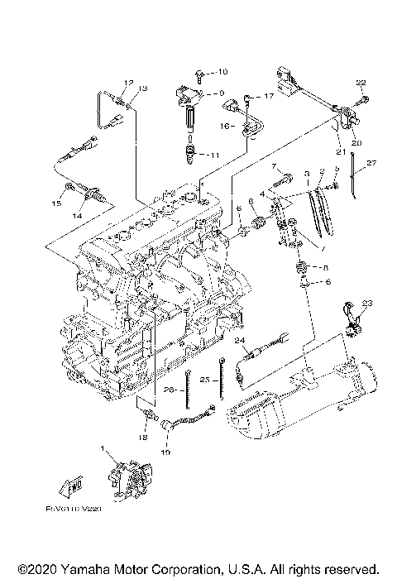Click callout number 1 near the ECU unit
(103, 448)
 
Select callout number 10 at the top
(221, 72)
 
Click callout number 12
(128, 82)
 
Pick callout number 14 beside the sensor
(77, 215)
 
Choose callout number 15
(57, 202)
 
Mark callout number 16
(225, 127)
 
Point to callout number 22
(360, 82)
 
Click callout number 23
(367, 303)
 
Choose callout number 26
(168, 390)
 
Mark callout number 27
(371, 163)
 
